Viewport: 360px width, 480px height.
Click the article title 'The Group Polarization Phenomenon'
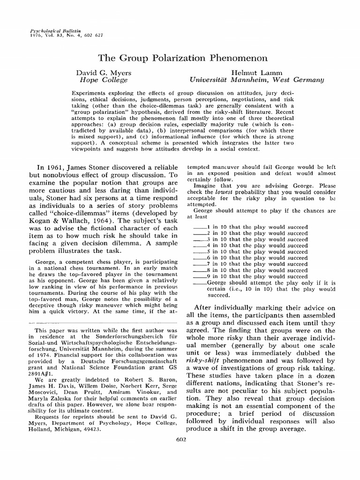(183, 58)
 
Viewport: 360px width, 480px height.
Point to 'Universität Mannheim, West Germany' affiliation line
(256, 80)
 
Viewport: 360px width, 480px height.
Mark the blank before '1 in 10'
(200, 227)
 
